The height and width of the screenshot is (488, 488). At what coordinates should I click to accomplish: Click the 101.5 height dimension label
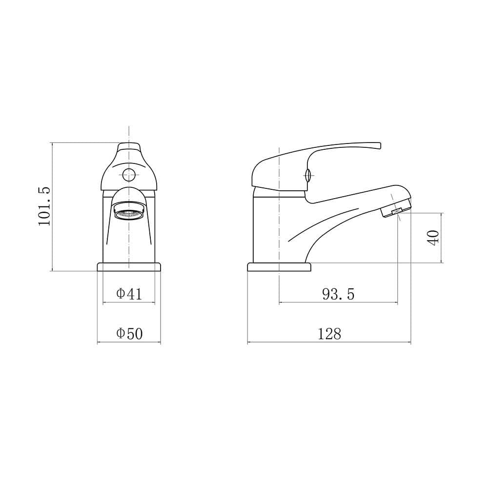click(44, 206)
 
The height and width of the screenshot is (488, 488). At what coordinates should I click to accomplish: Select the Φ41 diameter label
click(129, 294)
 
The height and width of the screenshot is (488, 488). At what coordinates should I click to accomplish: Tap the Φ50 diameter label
click(129, 334)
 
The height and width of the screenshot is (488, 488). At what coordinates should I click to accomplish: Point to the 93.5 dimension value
click(338, 294)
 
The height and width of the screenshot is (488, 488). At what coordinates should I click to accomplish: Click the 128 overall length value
click(329, 334)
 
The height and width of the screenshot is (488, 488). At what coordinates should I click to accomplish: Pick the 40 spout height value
click(433, 237)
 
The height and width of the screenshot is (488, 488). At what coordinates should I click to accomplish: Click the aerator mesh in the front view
click(129, 213)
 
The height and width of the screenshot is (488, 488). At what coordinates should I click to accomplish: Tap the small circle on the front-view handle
click(129, 174)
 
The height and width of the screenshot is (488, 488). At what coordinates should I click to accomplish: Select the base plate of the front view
click(129, 266)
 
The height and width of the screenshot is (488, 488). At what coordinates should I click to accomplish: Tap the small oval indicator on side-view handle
click(307, 174)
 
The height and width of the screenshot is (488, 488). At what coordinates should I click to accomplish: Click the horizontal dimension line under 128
click(329, 342)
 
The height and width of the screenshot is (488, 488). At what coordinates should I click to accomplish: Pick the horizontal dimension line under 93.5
click(338, 303)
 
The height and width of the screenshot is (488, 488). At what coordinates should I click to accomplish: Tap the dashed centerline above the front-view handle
click(129, 133)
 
